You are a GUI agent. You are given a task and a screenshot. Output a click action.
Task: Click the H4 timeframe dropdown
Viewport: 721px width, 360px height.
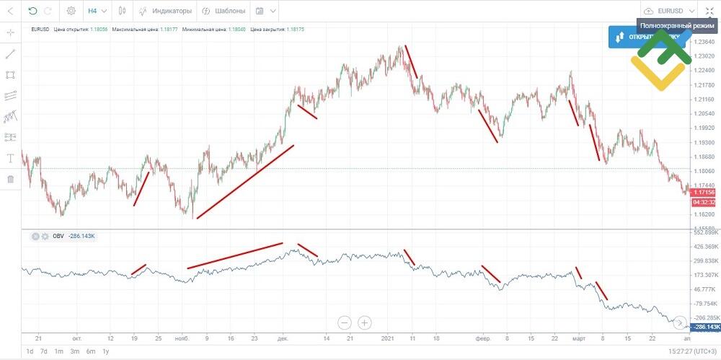click(x=97, y=12)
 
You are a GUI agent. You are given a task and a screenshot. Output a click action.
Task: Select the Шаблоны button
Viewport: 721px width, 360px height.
click(x=224, y=12)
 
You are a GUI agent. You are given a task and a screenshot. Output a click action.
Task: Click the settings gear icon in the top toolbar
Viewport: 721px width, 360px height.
click(x=71, y=12)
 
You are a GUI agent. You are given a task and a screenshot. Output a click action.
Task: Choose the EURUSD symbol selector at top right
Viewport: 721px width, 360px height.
click(x=671, y=12)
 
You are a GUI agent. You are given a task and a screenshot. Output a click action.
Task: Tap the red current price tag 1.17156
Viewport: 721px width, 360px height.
click(x=703, y=193)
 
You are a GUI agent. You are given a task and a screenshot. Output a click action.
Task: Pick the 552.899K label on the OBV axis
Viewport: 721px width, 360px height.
click(x=706, y=233)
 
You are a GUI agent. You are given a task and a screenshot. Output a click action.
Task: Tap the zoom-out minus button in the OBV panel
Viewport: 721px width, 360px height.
click(x=345, y=322)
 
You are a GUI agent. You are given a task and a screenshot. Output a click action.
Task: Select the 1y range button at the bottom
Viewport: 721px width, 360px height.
click(x=106, y=351)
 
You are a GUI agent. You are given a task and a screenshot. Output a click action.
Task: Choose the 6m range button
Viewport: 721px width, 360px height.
click(x=90, y=351)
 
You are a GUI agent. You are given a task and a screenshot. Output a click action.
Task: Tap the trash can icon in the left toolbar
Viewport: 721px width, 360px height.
click(x=10, y=179)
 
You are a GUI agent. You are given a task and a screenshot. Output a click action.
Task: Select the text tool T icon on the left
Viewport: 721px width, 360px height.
click(x=10, y=158)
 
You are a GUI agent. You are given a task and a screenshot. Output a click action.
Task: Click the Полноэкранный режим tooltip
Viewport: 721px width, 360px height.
click(x=677, y=25)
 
